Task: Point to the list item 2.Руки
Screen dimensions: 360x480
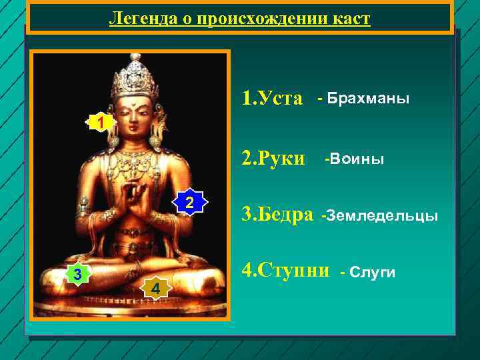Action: [x=273, y=159]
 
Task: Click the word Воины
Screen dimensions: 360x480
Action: [x=354, y=159]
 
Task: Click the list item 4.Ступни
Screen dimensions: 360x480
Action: [x=285, y=270]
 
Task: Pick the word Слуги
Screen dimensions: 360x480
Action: [x=368, y=272]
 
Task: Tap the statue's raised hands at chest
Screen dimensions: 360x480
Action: [x=137, y=200]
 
